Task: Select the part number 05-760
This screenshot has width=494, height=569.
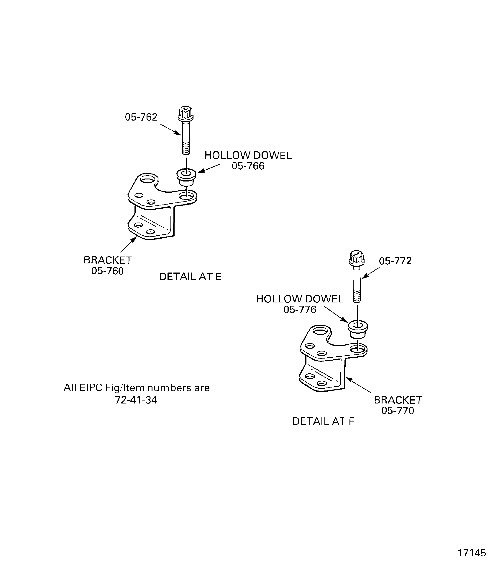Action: [x=108, y=271]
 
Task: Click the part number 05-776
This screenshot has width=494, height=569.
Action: [x=300, y=309]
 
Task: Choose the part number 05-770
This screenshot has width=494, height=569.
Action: [x=398, y=411]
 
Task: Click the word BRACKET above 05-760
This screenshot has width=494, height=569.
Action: [x=108, y=260]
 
